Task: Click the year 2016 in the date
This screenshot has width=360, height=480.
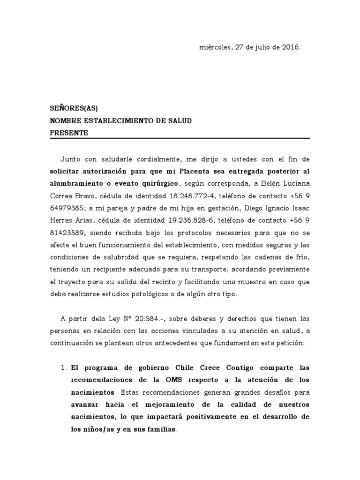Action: [290, 47]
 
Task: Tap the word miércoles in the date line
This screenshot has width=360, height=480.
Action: [215, 47]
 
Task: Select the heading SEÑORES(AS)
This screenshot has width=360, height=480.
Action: [74, 108]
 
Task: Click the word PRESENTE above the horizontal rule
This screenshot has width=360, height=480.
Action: [69, 133]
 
